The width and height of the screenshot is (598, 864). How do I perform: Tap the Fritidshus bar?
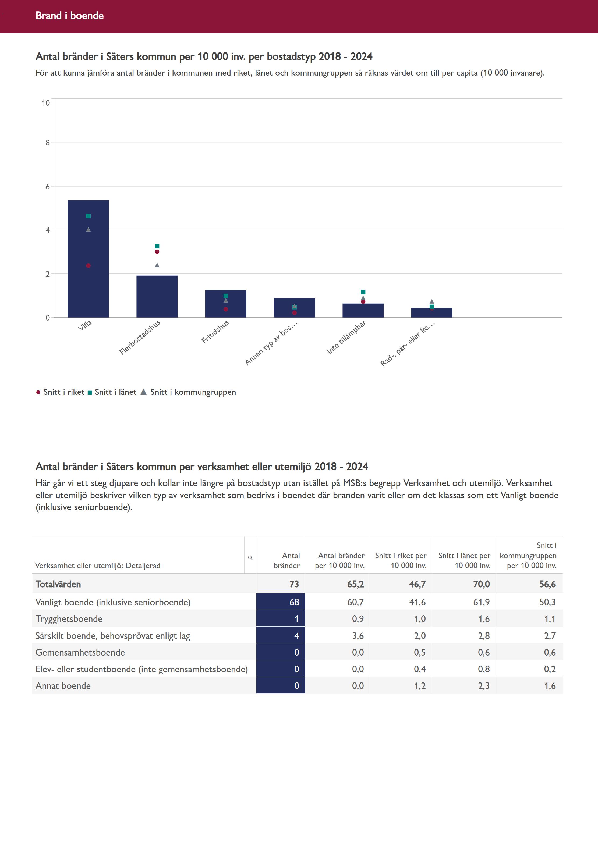(225, 304)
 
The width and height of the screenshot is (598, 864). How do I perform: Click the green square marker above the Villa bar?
(89, 216)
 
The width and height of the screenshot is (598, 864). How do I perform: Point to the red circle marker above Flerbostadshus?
(157, 252)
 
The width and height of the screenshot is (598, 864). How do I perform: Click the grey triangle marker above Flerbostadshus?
(157, 265)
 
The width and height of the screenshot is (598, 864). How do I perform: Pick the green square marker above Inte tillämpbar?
(363, 292)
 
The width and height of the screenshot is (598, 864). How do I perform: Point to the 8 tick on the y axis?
(48, 143)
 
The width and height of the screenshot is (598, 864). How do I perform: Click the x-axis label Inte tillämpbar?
(346, 337)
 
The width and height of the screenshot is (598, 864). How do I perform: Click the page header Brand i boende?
(70, 16)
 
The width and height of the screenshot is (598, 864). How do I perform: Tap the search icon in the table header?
(250, 558)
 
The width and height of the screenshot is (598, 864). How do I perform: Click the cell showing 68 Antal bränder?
(281, 602)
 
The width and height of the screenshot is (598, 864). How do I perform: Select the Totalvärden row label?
(58, 584)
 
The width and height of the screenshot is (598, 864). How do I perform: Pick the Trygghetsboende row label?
(69, 619)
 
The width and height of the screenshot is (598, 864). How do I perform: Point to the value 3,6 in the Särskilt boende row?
(358, 635)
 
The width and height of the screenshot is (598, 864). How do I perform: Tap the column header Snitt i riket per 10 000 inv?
(401, 561)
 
